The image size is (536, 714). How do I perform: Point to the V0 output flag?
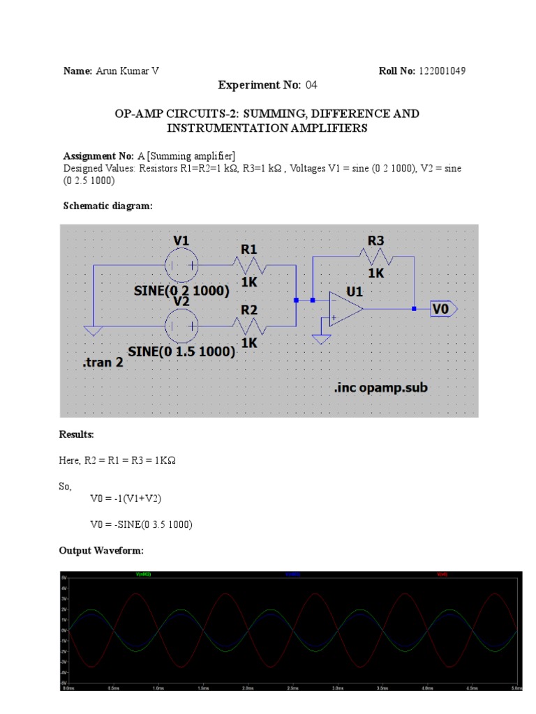[444, 308]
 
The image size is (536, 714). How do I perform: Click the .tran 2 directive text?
[103, 363]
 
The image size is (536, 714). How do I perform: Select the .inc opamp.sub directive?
[379, 388]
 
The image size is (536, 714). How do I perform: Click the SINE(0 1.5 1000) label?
[181, 352]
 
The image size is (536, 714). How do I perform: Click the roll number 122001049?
[442, 71]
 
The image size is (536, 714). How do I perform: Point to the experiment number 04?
[311, 85]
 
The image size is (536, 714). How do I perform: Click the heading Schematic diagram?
[107, 206]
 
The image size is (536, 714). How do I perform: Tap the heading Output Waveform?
[101, 551]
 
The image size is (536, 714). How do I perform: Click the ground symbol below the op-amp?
[321, 340]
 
